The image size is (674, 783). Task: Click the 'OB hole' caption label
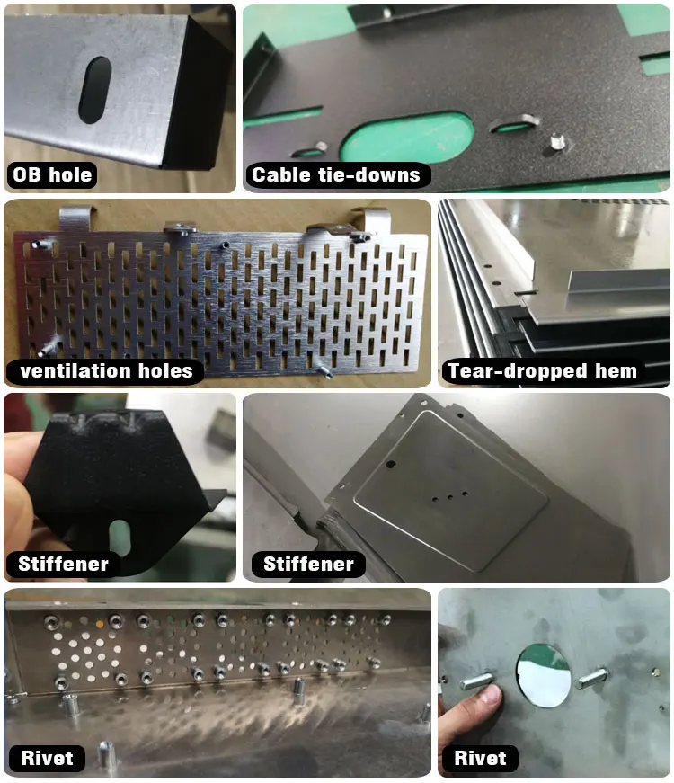pos(52,174)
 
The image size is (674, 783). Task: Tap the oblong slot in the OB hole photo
pos(94,90)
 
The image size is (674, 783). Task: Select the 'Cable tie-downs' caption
pos(336,174)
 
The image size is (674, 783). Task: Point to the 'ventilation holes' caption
pos(107,369)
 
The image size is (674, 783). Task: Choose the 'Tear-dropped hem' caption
pos(542,370)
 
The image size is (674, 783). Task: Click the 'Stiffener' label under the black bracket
pos(63,565)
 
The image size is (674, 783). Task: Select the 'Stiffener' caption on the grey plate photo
pos(308,565)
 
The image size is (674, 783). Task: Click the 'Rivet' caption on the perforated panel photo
pos(47,758)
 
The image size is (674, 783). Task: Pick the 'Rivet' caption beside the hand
pos(481,758)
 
